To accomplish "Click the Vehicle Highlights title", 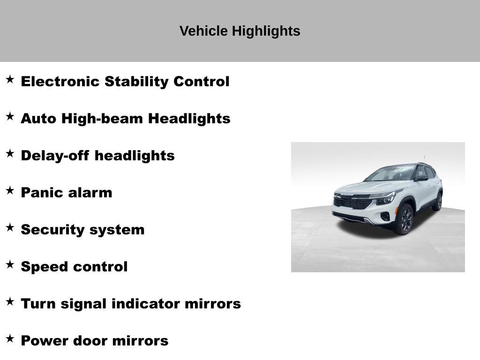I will point(240,31).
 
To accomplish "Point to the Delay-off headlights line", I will point(97,156).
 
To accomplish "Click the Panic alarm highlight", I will point(67,193).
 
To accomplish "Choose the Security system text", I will point(82,230).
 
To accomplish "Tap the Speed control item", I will point(74,267).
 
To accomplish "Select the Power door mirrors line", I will point(94,341).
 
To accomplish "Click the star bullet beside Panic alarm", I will point(10,191).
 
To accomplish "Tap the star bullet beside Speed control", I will point(10,265).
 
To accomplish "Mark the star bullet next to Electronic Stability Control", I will point(10,80).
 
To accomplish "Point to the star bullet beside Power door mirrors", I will point(10,339).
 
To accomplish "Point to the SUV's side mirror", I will point(421,178).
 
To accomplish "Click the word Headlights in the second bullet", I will point(189,119).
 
